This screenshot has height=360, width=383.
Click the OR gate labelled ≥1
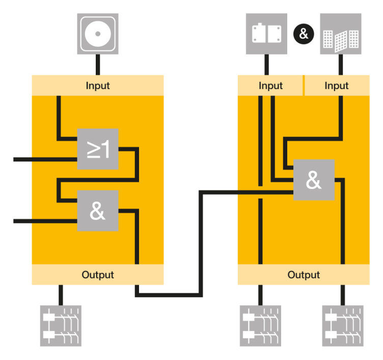pos(98,149)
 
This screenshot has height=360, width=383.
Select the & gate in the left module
pos(98,211)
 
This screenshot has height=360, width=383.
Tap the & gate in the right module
pos(314,180)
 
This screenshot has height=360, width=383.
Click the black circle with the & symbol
pos(304,34)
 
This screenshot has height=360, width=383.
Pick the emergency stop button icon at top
pos(98,34)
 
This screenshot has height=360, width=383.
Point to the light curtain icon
pos(341,34)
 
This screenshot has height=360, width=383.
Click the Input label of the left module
pos(98,85)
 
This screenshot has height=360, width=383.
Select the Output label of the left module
pos(98,275)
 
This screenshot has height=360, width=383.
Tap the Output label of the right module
pos(304,275)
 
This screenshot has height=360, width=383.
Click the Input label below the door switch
pos(270,86)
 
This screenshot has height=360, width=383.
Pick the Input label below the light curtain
pos(337,86)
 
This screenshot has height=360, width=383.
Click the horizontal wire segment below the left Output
pos(168,294)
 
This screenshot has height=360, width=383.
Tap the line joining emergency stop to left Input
pos(98,64)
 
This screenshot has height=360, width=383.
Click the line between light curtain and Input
pos(341,64)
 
